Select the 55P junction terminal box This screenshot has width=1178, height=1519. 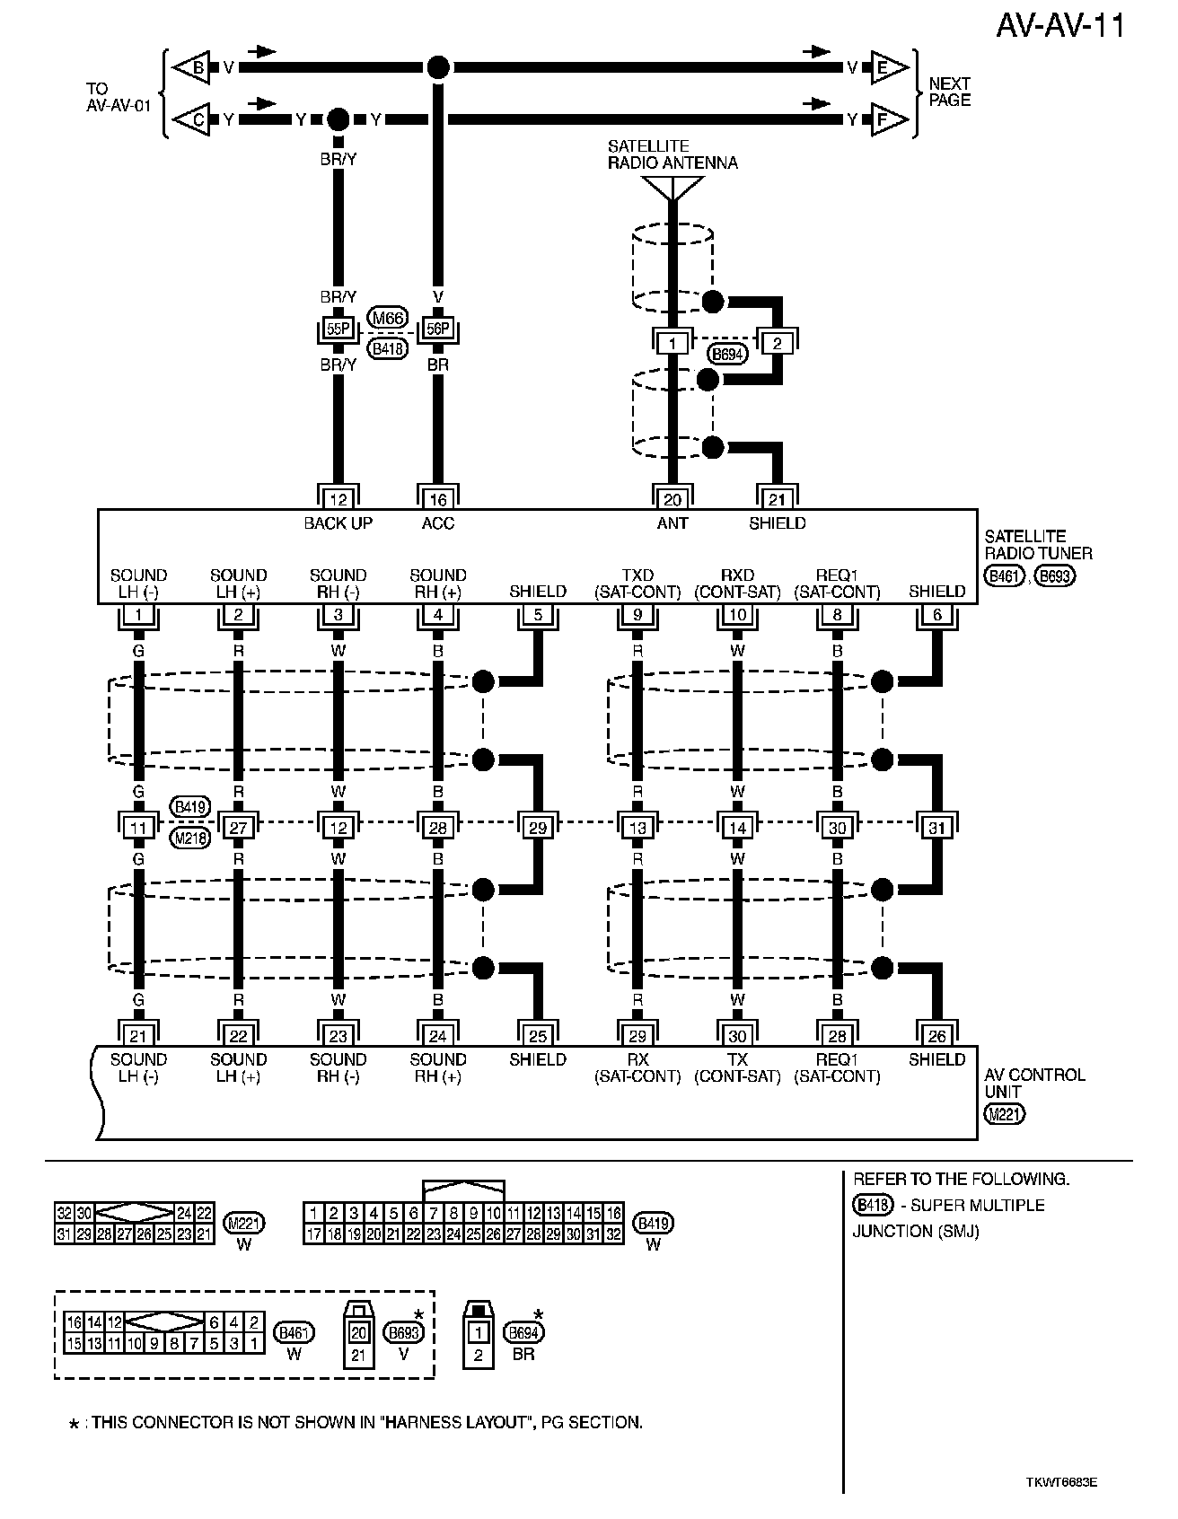point(338,329)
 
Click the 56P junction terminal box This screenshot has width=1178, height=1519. point(437,329)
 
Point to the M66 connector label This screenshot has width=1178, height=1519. point(388,318)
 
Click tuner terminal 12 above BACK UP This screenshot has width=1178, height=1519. point(338,499)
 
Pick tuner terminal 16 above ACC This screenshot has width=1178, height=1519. point(437,499)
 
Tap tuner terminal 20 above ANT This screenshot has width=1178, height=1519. point(672,499)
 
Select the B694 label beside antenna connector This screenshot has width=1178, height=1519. point(726,354)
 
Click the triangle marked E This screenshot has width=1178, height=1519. point(886,67)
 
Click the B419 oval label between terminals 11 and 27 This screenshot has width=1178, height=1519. point(189,807)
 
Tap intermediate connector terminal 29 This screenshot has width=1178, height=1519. point(537,827)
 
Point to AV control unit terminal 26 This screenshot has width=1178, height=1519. point(936,1035)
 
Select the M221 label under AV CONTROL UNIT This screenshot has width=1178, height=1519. point(1004,1114)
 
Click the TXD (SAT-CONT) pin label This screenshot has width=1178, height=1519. point(637,584)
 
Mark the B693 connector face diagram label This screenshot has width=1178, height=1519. point(402,1332)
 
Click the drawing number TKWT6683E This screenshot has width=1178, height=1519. point(1060,1482)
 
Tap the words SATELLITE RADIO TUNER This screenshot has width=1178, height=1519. point(1038,545)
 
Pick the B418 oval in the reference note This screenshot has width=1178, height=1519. point(872,1205)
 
